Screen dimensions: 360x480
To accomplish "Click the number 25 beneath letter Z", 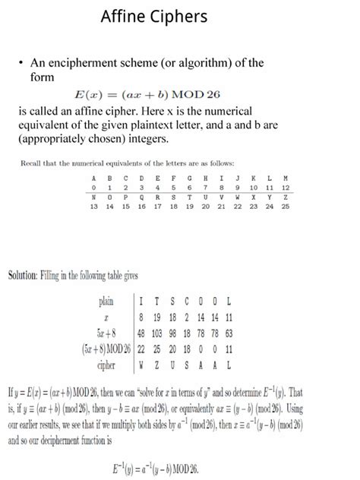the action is [286, 206].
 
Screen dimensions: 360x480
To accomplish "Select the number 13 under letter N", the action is [93, 206].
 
